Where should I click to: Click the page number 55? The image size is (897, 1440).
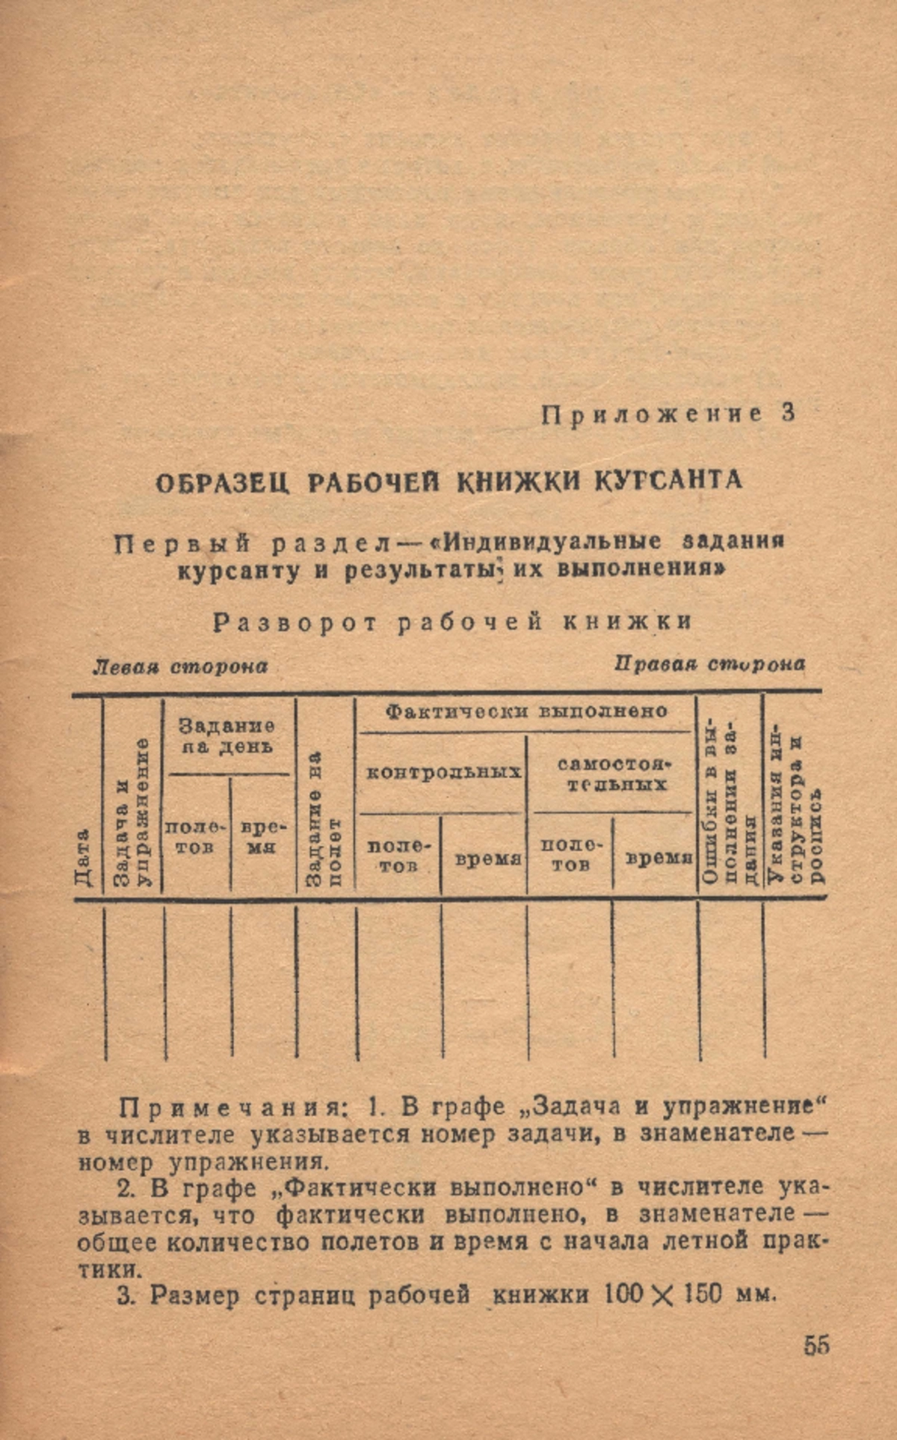(x=816, y=1345)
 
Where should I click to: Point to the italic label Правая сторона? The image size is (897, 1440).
(x=709, y=664)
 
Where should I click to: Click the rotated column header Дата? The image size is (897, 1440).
(x=84, y=857)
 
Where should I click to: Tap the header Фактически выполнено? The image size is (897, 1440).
(x=526, y=711)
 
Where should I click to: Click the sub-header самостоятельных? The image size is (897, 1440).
(x=612, y=774)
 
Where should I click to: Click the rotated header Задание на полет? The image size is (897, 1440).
(x=324, y=819)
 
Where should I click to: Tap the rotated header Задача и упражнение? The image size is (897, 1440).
(x=132, y=812)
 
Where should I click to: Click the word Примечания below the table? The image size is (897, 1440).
(x=236, y=1108)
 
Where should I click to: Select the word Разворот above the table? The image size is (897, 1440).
(x=295, y=622)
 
